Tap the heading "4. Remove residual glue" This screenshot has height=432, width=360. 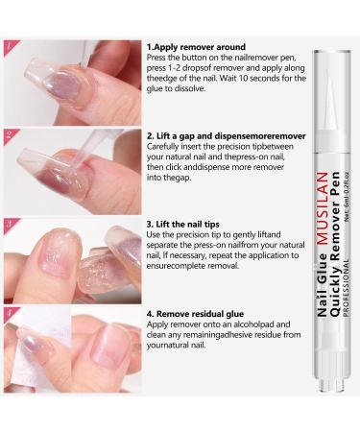pos(202,314)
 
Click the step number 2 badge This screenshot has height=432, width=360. pos(11,135)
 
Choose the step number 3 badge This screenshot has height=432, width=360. pos(11,226)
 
